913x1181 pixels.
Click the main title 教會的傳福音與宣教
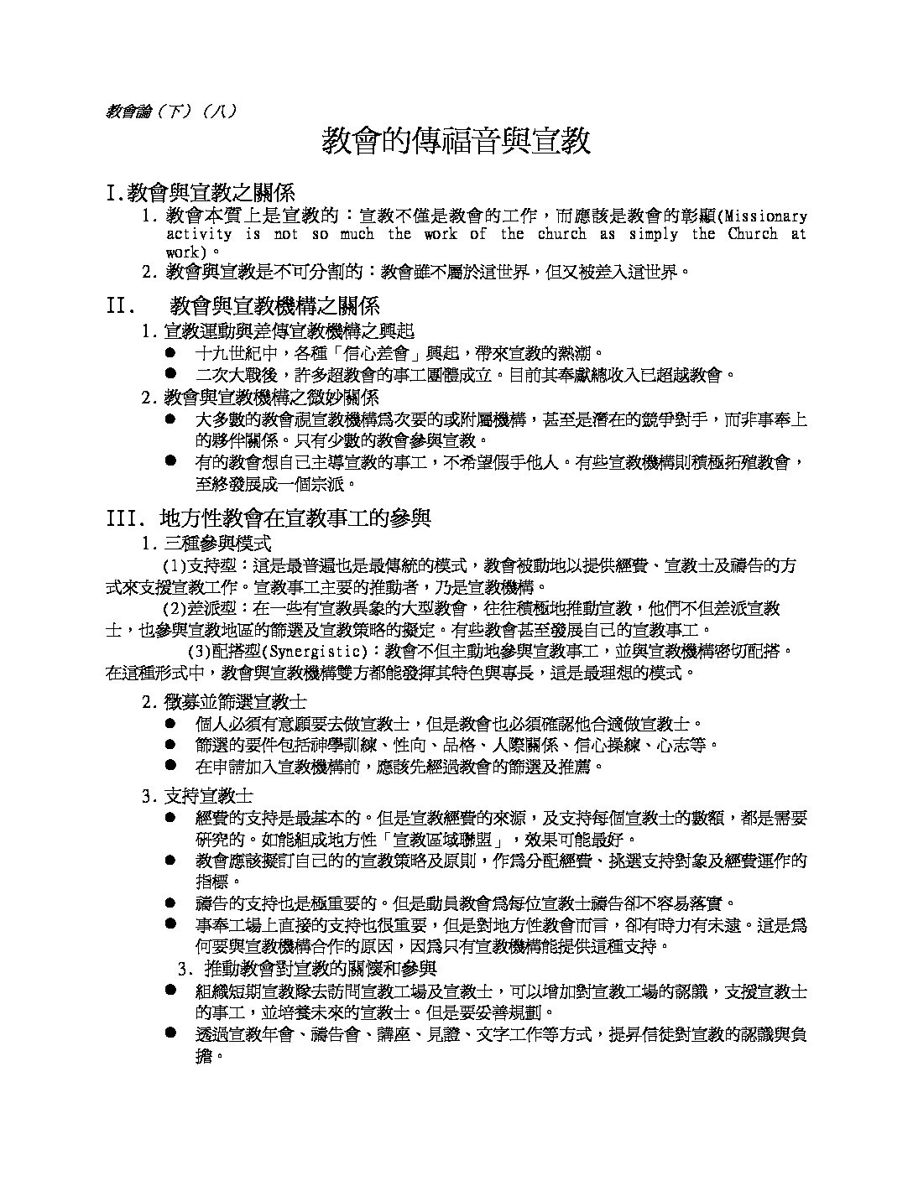point(456,142)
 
